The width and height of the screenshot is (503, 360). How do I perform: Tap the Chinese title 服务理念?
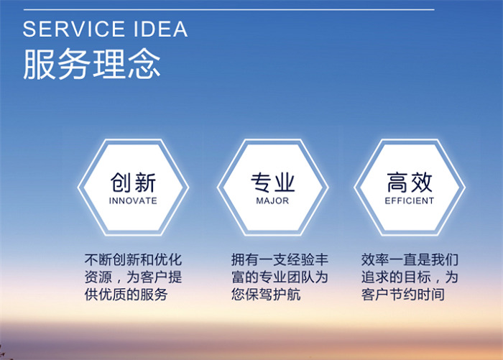[91, 64]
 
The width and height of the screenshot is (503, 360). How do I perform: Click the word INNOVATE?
[133, 201]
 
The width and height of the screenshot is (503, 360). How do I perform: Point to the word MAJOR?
[272, 201]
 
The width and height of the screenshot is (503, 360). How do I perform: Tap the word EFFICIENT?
[410, 201]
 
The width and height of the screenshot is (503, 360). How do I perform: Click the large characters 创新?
[133, 181]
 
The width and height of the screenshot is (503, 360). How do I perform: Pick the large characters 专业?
[272, 181]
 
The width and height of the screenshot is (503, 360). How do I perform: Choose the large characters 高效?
[410, 181]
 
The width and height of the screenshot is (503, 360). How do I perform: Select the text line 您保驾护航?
[265, 295]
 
